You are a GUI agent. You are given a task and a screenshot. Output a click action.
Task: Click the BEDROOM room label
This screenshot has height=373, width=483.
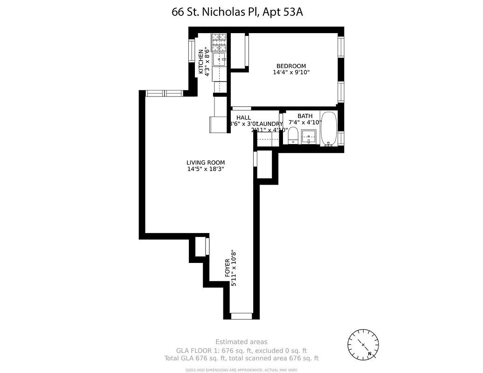pos(291,66)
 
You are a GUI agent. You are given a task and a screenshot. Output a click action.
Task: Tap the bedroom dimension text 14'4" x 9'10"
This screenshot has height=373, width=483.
pos(291,72)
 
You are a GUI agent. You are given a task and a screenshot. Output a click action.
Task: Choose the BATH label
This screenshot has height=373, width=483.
pos(305,116)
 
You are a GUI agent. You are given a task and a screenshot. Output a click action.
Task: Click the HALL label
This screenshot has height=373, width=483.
pos(243,118)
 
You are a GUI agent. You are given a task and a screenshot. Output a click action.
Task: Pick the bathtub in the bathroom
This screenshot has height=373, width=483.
pos(329,129)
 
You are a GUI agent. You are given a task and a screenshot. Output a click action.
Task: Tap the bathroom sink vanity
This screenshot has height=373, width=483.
pos(309,138)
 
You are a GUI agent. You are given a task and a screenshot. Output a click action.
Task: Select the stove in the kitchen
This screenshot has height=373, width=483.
pos(218,42)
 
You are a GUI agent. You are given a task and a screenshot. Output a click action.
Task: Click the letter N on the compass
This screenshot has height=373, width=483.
pos(370,354)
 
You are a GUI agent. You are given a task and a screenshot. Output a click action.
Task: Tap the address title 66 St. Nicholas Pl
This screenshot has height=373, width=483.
pos(237,12)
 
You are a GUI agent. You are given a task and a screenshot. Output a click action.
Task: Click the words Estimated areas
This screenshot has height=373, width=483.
pos(241,342)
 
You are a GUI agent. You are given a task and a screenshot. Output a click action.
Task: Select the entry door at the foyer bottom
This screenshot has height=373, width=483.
pos(241,316)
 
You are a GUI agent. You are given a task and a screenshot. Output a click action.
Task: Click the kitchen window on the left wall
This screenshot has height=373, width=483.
pos(192,51)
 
